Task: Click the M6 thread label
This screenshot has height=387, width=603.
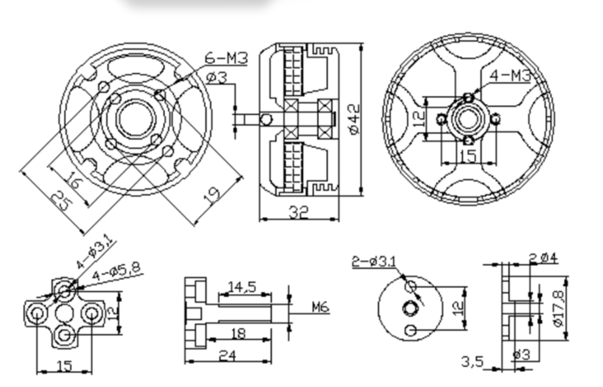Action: (321, 306)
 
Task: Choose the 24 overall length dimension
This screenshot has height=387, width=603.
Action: (227, 356)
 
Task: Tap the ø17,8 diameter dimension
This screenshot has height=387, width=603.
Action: (561, 308)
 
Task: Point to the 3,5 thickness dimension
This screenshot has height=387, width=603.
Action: (472, 361)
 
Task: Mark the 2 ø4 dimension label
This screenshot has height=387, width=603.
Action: (543, 258)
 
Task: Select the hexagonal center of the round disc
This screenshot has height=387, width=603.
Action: (409, 308)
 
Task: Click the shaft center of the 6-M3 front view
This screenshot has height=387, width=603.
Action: (135, 119)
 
